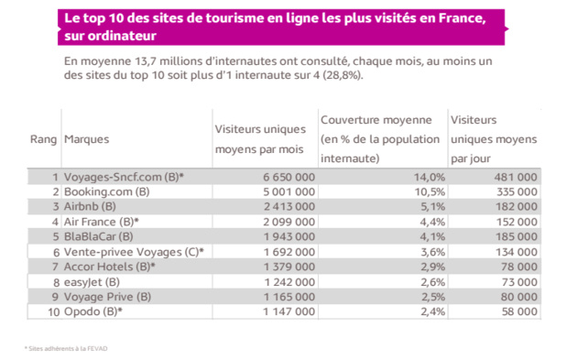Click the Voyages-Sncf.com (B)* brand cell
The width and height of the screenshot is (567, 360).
click(123, 176)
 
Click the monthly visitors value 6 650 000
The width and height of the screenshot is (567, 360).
click(285, 176)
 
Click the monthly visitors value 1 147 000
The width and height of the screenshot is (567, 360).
click(285, 311)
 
